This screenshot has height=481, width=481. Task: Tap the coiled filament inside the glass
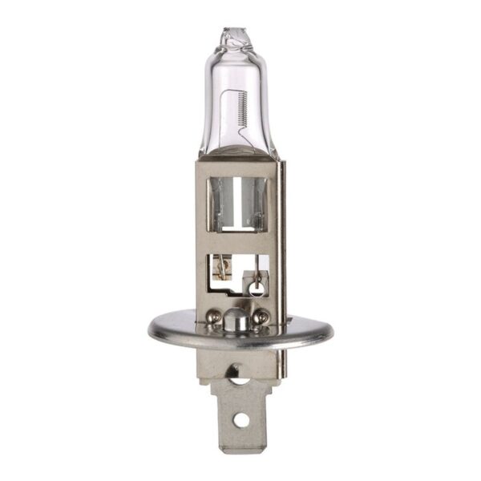pyautogui.click(x=244, y=112)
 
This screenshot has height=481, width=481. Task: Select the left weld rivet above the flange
pyautogui.click(x=214, y=317)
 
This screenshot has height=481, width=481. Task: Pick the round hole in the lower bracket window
pyautogui.click(x=255, y=285)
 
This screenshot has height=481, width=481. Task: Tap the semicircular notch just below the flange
pyautogui.click(x=238, y=371)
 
